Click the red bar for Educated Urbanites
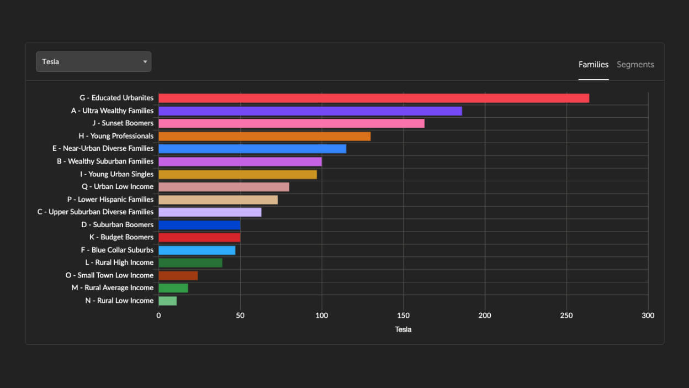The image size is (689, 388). click(374, 98)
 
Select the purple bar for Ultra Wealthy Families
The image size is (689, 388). click(310, 111)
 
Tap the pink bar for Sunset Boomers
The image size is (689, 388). click(291, 123)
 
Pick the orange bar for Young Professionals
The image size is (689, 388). click(264, 136)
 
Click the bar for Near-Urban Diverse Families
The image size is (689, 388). click(252, 149)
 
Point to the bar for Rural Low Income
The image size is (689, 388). click(168, 301)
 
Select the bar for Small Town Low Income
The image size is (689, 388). click(178, 275)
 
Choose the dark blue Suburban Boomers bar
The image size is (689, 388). click(199, 225)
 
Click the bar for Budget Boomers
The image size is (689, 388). click(199, 237)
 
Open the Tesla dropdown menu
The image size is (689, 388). click(93, 61)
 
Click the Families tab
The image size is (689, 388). click(593, 65)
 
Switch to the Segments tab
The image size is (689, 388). click(635, 65)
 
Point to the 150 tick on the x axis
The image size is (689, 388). click(403, 316)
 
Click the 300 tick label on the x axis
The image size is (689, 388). click(648, 316)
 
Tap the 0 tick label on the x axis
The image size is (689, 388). click(158, 316)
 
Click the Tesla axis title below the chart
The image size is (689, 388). click(403, 329)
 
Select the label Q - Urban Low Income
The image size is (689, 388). click(118, 187)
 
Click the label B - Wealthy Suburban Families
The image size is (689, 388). click(105, 161)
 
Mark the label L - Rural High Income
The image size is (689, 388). click(119, 263)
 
